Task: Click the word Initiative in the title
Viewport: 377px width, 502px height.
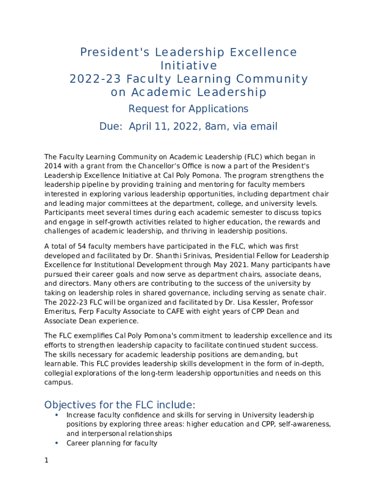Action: coord(188,66)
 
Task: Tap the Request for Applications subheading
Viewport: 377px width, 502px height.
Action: coord(188,109)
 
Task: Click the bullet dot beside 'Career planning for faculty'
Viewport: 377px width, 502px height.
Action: coord(57,443)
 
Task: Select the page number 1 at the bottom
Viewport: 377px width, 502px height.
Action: coord(47,461)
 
